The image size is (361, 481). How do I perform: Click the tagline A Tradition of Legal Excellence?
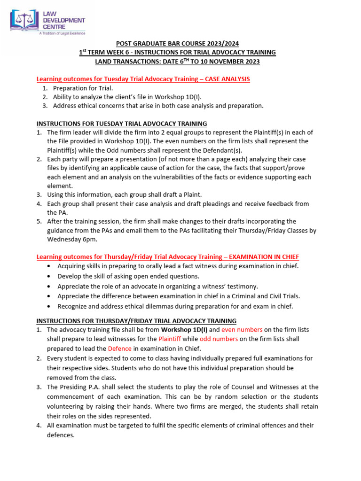(x=62, y=33)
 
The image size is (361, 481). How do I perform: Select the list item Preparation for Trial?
(x=83, y=88)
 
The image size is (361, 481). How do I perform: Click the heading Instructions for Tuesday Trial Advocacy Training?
(x=122, y=124)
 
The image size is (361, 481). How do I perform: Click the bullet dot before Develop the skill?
(x=50, y=277)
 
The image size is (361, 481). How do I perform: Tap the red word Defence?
(x=119, y=348)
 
